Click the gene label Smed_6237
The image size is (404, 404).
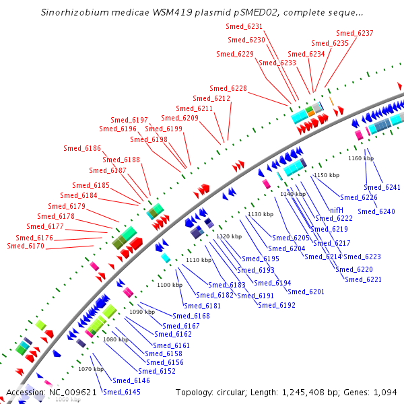(355, 33)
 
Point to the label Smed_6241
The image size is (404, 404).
(382, 187)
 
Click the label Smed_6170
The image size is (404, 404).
(26, 246)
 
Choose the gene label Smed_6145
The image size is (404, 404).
(122, 392)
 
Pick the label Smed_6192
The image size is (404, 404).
(277, 305)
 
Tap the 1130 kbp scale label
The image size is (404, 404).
(261, 214)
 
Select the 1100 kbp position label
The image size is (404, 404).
(170, 285)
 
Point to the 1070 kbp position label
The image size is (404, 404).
(91, 369)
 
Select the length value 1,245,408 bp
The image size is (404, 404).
(301, 392)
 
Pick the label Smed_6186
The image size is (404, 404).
(82, 148)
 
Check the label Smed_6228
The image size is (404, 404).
(228, 88)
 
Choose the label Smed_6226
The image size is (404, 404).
(359, 197)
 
